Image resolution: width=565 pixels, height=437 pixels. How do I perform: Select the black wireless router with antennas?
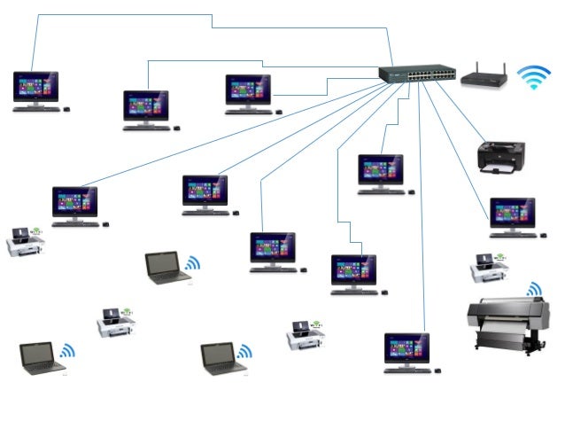tap(483, 77)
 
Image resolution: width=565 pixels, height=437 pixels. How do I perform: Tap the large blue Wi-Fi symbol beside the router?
tap(534, 77)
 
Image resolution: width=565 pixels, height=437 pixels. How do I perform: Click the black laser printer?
tap(500, 157)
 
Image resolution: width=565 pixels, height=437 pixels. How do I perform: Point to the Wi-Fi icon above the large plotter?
tap(534, 290)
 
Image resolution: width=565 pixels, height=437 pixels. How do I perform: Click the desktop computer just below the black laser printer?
tap(513, 216)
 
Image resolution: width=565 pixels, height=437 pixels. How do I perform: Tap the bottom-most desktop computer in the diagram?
tap(407, 351)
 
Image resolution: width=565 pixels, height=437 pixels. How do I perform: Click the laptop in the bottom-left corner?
tap(42, 357)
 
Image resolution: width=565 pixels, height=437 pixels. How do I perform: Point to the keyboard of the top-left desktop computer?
tap(36, 109)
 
